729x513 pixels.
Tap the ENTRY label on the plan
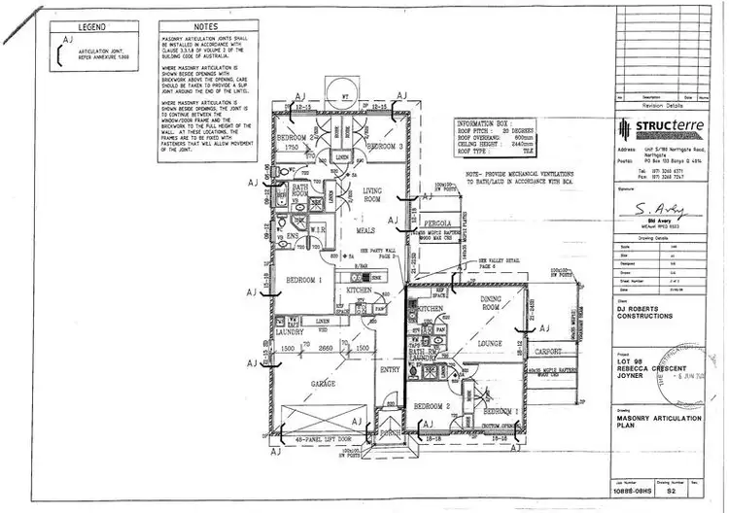(x=391, y=370)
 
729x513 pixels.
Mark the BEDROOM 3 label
(x=384, y=145)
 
